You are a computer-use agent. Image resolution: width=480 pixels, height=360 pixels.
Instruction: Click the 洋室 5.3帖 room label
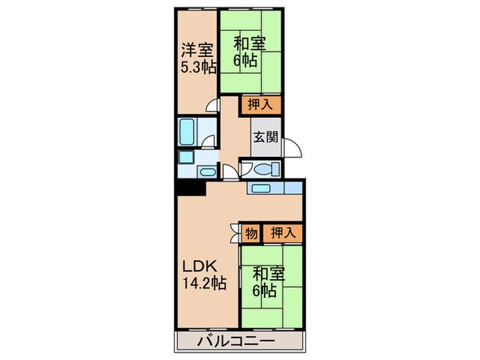click(x=196, y=58)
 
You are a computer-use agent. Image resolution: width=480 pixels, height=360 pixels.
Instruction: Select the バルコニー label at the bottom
click(x=237, y=341)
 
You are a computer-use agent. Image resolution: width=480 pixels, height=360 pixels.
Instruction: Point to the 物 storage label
click(x=252, y=233)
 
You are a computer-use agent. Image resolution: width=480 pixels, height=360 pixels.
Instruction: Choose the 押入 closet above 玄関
click(x=261, y=105)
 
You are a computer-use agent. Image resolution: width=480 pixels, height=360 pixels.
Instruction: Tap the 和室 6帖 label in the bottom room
click(x=264, y=282)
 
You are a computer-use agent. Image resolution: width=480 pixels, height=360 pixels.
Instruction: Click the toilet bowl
click(x=263, y=169)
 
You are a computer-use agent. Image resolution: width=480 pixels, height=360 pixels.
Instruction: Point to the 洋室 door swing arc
click(x=214, y=106)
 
